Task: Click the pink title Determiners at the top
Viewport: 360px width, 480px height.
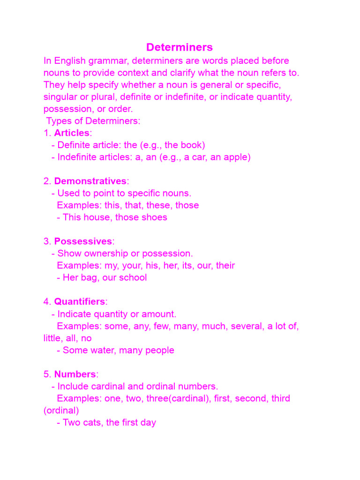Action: (x=179, y=47)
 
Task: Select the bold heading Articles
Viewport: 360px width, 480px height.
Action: (x=72, y=133)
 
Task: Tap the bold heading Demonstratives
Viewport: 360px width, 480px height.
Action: (x=90, y=181)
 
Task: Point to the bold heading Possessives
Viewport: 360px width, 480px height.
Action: (x=83, y=241)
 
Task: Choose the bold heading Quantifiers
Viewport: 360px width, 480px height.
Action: (x=80, y=301)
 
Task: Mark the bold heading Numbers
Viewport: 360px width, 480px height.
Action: (x=75, y=375)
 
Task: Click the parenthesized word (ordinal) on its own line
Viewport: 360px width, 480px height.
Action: (x=61, y=411)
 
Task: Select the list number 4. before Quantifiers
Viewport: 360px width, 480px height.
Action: (x=47, y=301)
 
